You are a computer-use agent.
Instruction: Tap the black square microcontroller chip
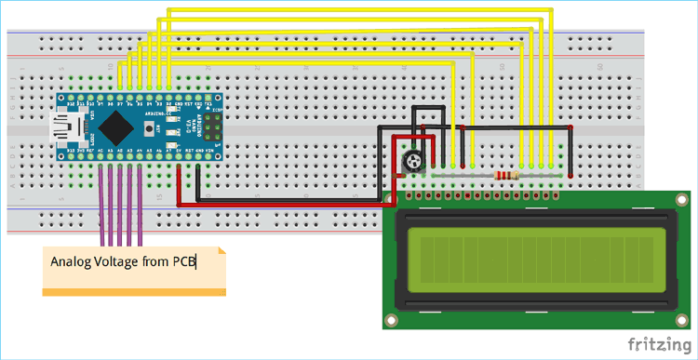118,124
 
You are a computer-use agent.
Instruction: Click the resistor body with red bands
508,175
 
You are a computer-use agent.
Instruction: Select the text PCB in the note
184,262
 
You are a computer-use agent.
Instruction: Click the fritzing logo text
658,344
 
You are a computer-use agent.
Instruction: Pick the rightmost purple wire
140,200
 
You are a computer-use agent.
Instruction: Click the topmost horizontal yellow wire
354,10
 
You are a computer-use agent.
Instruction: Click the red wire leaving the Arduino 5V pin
279,204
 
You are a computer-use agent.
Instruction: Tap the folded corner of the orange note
220,252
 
